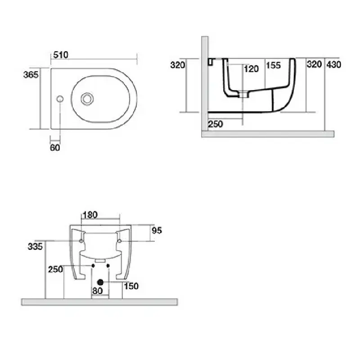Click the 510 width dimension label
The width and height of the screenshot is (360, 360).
(61, 55)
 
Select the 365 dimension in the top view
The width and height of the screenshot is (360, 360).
(31, 74)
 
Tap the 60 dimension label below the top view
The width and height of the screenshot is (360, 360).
(55, 148)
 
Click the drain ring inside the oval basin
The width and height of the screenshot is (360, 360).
(87, 99)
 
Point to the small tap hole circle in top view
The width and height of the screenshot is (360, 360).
(60, 99)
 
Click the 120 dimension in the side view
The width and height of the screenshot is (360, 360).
(251, 69)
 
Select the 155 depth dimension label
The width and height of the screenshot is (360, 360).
(273, 65)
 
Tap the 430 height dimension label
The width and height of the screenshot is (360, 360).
(334, 64)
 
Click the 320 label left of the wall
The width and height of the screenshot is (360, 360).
(178, 65)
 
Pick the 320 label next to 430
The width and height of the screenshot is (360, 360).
(314, 64)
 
